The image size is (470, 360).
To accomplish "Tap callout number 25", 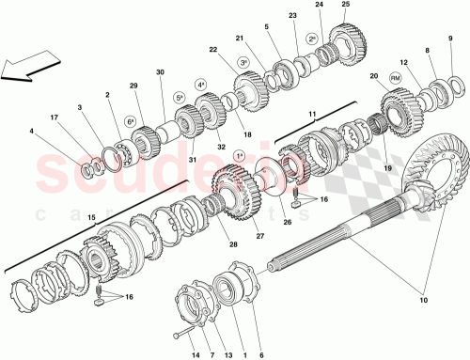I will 345,6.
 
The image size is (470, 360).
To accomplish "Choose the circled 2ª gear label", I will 311,39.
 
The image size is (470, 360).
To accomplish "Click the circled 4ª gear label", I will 201,85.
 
